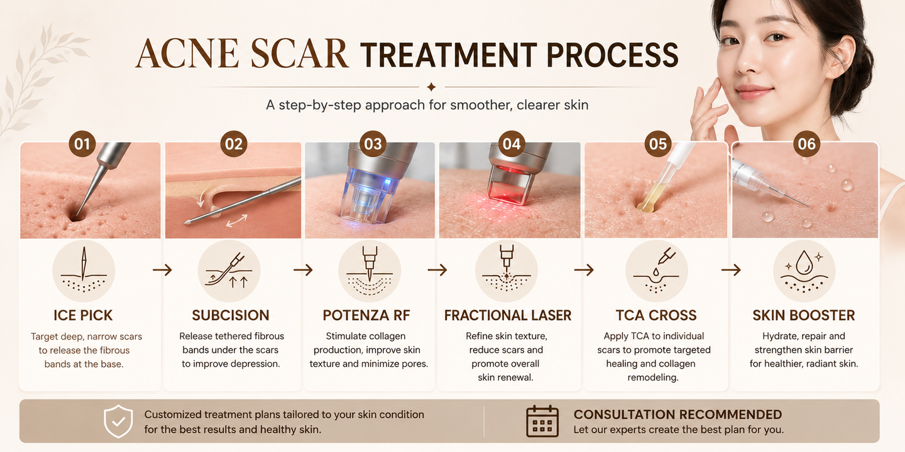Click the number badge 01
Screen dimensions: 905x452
pyautogui.click(x=82, y=144)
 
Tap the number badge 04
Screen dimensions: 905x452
pyautogui.click(x=512, y=144)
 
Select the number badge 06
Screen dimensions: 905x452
pyautogui.click(x=806, y=144)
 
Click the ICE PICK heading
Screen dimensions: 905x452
pyautogui.click(x=83, y=315)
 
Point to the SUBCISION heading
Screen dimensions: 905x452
pyautogui.click(x=231, y=315)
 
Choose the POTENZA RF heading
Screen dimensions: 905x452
pyautogui.click(x=366, y=315)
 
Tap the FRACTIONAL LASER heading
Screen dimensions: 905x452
pyautogui.click(x=508, y=315)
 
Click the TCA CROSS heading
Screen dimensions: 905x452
pyautogui.click(x=656, y=315)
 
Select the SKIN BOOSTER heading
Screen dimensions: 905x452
pyautogui.click(x=804, y=315)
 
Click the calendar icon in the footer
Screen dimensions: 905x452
pyautogui.click(x=542, y=421)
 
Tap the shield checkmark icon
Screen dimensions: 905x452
pyautogui.click(x=118, y=421)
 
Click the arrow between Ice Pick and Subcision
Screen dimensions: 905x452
pyautogui.click(x=162, y=269)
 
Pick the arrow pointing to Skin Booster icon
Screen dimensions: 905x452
pyautogui.click(x=731, y=269)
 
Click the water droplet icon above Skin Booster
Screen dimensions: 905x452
pyautogui.click(x=804, y=262)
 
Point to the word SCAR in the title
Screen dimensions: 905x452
pyautogui.click(x=299, y=54)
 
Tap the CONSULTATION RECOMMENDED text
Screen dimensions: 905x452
pyautogui.click(x=677, y=414)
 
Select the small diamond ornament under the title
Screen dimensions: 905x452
pyautogui.click(x=432, y=87)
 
